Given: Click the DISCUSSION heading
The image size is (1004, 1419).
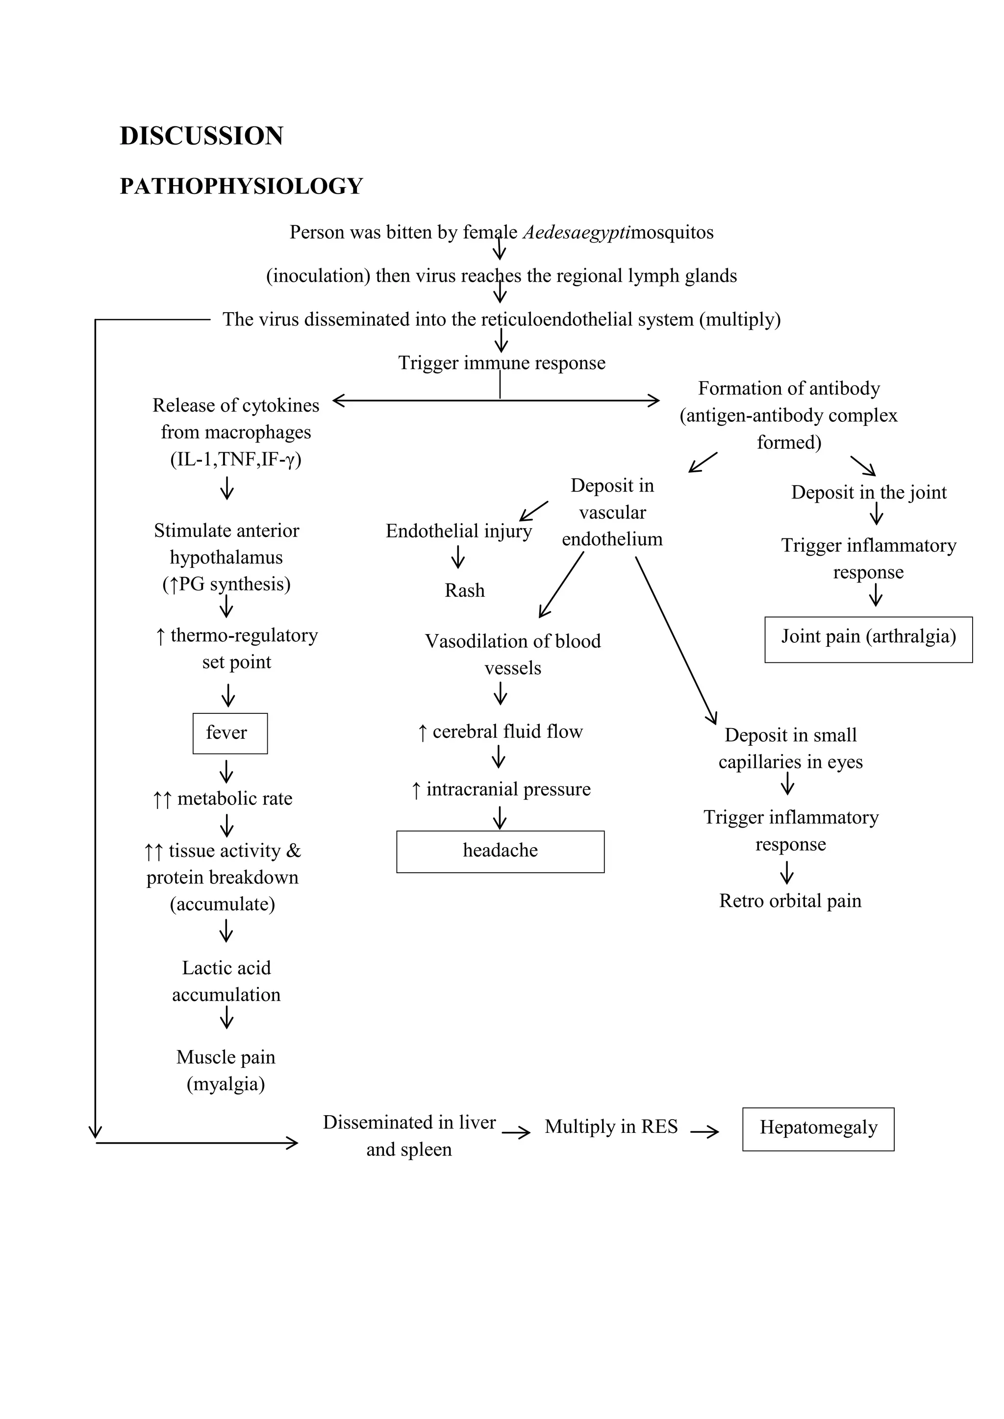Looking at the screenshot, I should coord(201,136).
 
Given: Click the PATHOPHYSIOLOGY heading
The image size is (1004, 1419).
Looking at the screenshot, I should coord(241,186).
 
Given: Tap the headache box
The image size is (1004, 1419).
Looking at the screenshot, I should coord(500,851).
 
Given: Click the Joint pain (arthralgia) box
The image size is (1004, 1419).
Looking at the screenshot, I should coord(868,639).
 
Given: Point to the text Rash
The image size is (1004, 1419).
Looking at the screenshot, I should coord(464,590).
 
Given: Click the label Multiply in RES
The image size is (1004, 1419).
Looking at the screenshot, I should coord(611,1126).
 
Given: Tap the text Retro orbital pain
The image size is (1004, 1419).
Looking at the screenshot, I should coord(789,901).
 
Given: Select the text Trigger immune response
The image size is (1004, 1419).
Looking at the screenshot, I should coord(502,363).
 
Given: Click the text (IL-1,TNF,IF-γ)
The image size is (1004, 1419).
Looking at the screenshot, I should coord(235,459).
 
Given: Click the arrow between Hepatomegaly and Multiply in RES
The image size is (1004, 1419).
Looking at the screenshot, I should coord(704,1131).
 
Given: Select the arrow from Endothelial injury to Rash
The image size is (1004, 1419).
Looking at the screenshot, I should coord(457,557).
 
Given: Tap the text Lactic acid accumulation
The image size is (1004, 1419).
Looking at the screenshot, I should coord(226,981).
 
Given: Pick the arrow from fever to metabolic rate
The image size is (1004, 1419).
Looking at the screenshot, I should coord(227,771).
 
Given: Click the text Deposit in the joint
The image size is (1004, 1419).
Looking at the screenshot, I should coord(868,492).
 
